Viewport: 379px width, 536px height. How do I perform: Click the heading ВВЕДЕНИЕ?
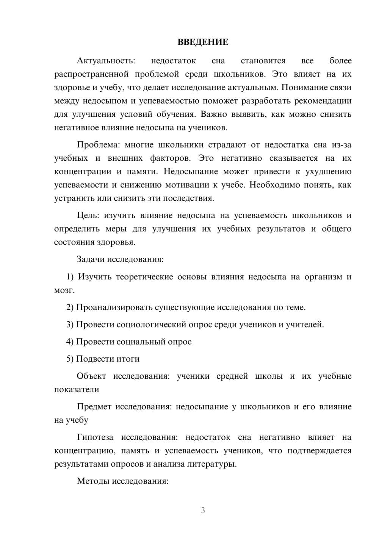(203, 42)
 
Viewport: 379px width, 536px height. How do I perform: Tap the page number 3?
(203, 510)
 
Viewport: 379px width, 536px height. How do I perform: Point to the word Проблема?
(98, 145)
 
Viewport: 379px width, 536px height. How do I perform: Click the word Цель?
(88, 216)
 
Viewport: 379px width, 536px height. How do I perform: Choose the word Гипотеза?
(95, 437)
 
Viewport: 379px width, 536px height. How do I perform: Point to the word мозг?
(64, 290)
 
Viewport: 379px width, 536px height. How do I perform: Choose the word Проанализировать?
(114, 307)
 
